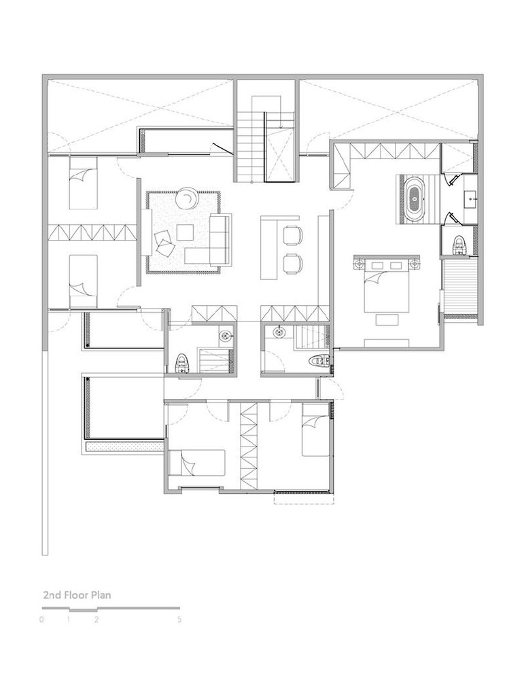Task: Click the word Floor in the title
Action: tap(77, 595)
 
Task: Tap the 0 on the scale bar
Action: tap(41, 619)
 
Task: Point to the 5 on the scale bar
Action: tap(179, 619)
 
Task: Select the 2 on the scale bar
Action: tap(97, 619)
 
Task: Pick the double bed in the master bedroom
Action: tap(386, 285)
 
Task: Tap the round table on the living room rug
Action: tap(187, 199)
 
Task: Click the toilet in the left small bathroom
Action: tap(181, 363)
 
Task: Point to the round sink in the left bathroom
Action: tap(225, 334)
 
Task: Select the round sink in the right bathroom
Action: tap(279, 332)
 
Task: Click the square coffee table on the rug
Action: tap(185, 232)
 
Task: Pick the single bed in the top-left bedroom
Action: tap(82, 181)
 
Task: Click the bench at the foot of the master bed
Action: tap(386, 343)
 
